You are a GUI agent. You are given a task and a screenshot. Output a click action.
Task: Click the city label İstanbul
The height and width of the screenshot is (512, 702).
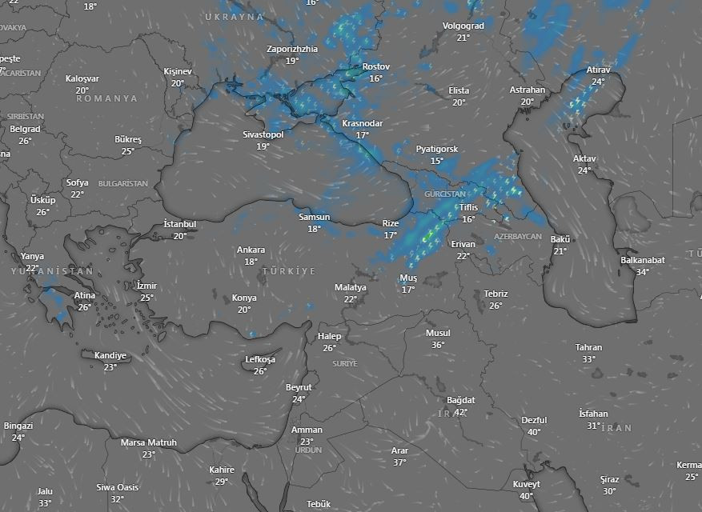pyautogui.click(x=179, y=224)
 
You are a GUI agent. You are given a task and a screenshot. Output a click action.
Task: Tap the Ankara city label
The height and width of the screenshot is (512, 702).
pyautogui.click(x=251, y=250)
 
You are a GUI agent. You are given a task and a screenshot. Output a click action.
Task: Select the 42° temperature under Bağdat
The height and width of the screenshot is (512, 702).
pyautogui.click(x=460, y=412)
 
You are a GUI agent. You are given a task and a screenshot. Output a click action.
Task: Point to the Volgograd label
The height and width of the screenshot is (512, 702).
pyautogui.click(x=463, y=26)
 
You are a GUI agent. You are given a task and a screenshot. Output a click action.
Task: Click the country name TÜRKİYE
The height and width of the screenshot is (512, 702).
pyautogui.click(x=288, y=272)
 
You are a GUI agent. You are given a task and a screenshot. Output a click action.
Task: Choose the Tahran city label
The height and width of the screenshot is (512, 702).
pyautogui.click(x=588, y=347)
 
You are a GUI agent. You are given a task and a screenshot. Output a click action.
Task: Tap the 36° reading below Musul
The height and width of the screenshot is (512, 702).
pyautogui.click(x=438, y=345)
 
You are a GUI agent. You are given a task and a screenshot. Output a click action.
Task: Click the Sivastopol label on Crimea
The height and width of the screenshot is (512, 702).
pyautogui.click(x=263, y=135)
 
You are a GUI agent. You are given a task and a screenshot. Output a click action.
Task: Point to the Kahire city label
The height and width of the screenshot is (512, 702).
pyautogui.click(x=222, y=470)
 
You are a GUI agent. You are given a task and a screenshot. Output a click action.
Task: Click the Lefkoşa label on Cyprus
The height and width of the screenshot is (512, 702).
pyautogui.click(x=260, y=360)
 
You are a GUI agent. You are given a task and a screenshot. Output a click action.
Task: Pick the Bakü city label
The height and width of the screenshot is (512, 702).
pyautogui.click(x=560, y=239)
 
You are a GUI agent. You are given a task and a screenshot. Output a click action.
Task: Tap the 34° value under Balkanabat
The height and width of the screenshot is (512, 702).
pyautogui.click(x=643, y=272)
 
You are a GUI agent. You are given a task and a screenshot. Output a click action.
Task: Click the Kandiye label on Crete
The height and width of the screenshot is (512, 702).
pyautogui.click(x=110, y=355)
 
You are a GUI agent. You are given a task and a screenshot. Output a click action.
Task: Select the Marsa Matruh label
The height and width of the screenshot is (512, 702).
pyautogui.click(x=149, y=442)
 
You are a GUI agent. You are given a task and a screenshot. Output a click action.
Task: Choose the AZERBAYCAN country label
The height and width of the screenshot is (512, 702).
pyautogui.click(x=518, y=238)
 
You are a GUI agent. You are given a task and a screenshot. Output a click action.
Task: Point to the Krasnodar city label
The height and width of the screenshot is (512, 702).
pyautogui.click(x=362, y=124)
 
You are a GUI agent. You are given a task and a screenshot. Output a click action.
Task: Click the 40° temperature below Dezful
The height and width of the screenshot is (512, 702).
pyautogui.click(x=534, y=432)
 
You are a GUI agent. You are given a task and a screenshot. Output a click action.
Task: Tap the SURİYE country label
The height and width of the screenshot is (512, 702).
pyautogui.click(x=344, y=363)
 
